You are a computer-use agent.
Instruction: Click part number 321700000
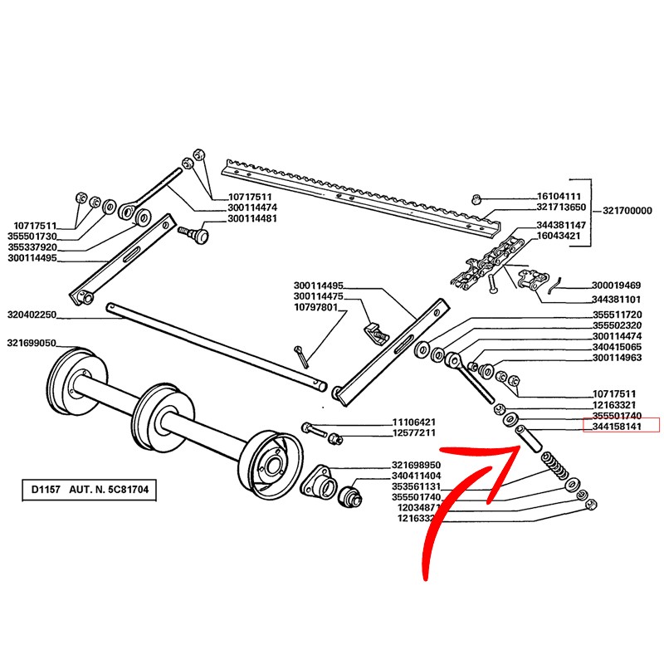click(627, 211)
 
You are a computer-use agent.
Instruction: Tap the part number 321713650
click(562, 207)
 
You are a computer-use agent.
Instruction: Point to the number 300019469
click(617, 285)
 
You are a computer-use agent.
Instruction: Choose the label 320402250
click(32, 315)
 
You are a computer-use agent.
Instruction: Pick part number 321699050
click(32, 343)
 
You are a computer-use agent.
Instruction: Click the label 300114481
click(253, 219)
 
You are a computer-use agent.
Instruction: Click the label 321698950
click(416, 464)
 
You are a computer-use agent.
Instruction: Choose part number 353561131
click(416, 486)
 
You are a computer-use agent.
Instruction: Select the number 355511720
click(617, 315)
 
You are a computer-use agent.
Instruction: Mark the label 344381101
click(617, 299)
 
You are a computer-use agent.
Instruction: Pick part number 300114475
click(319, 296)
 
